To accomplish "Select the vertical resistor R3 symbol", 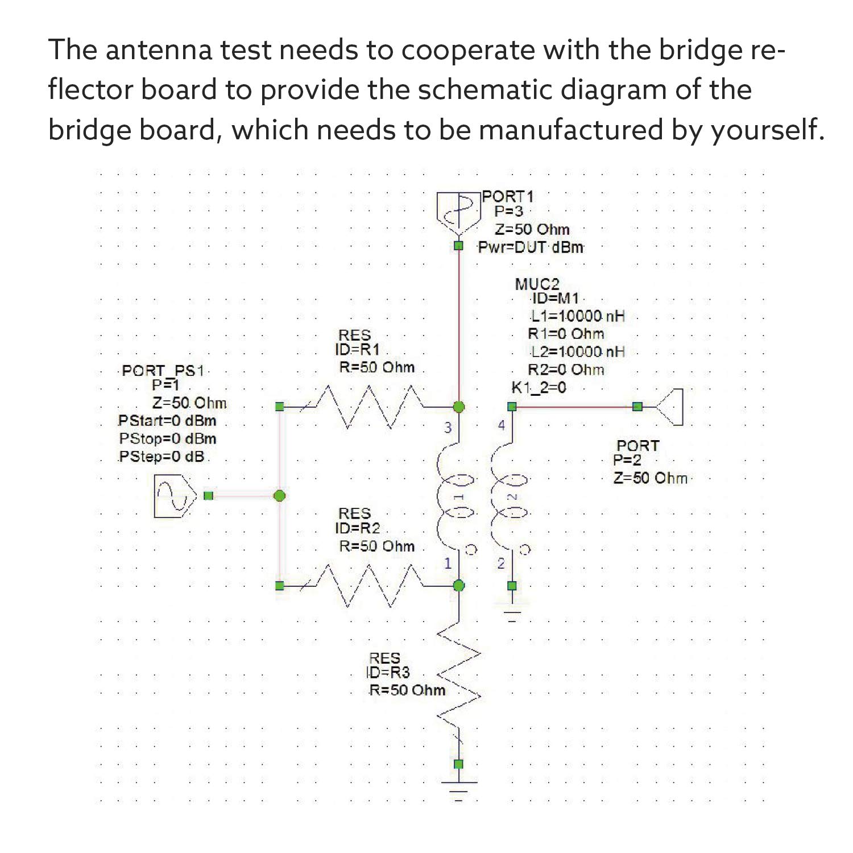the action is click(x=459, y=682).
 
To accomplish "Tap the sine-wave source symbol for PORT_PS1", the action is click(x=175, y=496).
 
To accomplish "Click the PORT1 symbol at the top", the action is click(x=458, y=212).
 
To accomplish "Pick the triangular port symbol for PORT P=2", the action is click(x=669, y=407).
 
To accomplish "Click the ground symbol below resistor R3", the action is click(x=459, y=790).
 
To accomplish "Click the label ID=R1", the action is click(x=357, y=350).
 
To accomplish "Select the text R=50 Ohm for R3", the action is click(x=407, y=690).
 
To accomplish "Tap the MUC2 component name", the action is click(x=537, y=284).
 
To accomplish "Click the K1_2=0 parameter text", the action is click(x=539, y=388).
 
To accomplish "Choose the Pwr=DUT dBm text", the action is click(x=531, y=247).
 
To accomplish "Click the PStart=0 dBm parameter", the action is click(x=167, y=421).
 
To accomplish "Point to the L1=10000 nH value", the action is click(x=578, y=316).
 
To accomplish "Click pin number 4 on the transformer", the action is click(x=501, y=425).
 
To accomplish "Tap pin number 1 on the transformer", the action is click(x=448, y=563).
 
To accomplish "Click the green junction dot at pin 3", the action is click(x=459, y=407).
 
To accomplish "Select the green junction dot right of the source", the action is click(x=279, y=496).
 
